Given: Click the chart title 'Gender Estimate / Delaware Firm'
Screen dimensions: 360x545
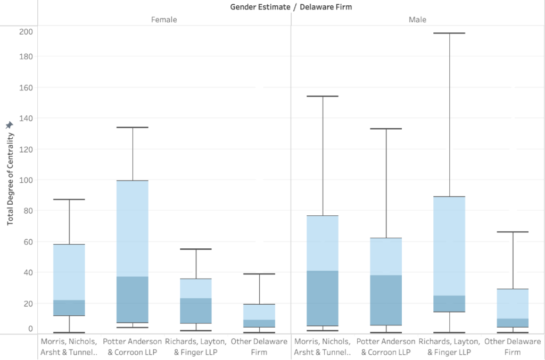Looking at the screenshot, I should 291,7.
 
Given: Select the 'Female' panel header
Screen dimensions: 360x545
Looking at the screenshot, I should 164,20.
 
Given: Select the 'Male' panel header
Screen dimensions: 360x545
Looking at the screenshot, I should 418,20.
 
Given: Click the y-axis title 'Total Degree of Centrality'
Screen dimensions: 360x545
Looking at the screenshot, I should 10,179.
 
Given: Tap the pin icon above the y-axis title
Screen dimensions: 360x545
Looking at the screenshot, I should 9,124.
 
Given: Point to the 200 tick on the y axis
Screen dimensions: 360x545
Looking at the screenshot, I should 26,31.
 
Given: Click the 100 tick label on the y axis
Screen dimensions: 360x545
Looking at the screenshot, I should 26,180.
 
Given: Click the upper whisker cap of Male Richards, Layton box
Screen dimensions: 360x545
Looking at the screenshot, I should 449,34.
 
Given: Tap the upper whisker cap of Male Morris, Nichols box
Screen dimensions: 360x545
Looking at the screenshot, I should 323,96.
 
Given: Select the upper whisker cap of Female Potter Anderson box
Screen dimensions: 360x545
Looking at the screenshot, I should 133,128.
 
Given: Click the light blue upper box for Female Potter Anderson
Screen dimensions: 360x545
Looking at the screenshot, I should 133,229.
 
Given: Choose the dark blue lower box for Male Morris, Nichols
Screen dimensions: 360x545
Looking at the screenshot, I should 323,298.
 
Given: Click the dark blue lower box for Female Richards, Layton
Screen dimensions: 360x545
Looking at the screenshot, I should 196,311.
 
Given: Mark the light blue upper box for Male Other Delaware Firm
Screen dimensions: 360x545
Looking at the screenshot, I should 513,304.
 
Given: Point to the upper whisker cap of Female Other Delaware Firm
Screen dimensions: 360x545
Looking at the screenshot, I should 259,274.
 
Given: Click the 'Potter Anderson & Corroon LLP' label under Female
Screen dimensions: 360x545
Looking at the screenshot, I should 133,346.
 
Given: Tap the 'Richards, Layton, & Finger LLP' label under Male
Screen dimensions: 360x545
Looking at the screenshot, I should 449,346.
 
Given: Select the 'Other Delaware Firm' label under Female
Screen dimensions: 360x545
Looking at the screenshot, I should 259,346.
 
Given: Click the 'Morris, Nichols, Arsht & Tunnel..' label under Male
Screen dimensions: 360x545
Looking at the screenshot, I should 323,346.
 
